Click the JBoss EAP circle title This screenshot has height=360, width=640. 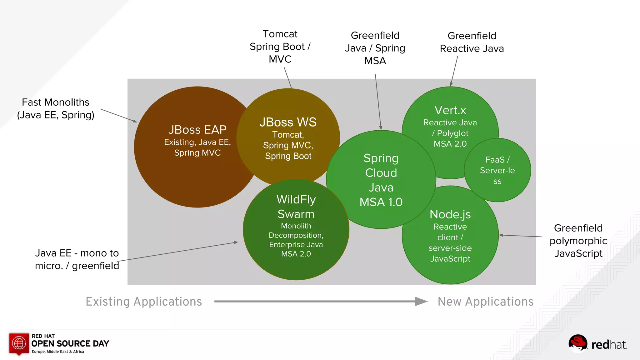197,130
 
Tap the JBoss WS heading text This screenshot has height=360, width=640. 288,122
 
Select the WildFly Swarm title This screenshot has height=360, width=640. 296,207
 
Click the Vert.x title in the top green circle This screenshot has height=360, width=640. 450,110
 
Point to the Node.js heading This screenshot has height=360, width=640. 450,214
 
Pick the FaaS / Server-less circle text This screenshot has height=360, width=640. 497,170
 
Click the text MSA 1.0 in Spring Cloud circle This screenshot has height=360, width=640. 381,202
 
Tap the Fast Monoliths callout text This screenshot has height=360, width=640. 56,108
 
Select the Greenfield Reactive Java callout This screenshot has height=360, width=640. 472,42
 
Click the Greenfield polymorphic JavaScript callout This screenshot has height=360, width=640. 578,240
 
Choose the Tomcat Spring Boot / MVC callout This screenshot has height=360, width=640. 280,46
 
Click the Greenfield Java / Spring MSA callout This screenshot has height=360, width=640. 375,48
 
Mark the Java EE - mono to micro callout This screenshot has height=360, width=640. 77,259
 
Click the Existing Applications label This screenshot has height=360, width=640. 144,302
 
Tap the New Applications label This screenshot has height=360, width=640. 485,302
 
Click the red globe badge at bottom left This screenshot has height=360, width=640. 19,344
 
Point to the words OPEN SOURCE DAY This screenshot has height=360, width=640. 70,343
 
